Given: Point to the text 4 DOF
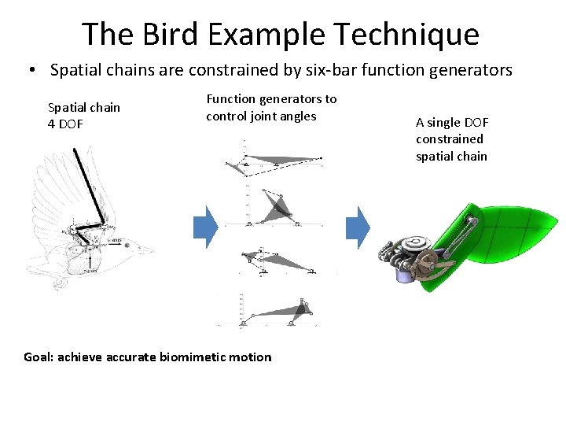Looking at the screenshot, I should click(65, 124).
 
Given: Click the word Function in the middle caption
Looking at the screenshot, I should click(230, 99).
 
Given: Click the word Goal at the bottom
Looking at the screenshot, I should click(39, 357).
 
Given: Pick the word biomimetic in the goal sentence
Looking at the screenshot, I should click(194, 357).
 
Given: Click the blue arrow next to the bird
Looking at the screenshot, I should click(205, 227).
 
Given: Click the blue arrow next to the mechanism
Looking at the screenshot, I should click(358, 227).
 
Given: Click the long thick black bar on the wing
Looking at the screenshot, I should click(88, 185).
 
